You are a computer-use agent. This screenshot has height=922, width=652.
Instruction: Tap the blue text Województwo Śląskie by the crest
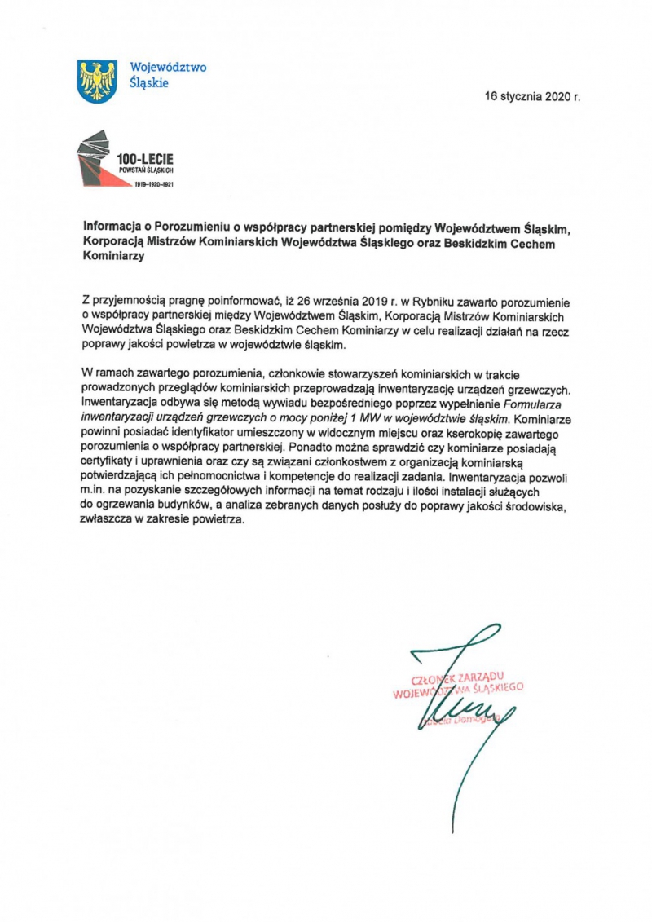157,75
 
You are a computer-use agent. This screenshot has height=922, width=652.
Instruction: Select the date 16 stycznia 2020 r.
532,96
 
